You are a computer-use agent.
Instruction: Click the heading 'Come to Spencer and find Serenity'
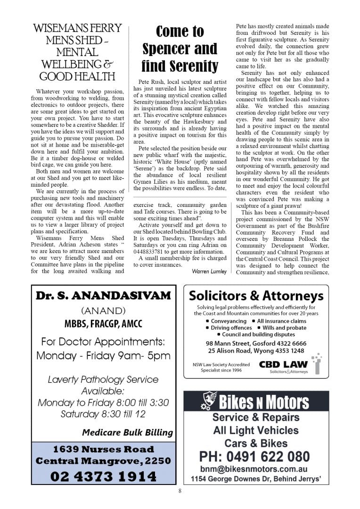[180, 49]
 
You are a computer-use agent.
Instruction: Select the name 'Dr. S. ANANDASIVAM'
[103, 296]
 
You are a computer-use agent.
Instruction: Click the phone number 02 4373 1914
[103, 476]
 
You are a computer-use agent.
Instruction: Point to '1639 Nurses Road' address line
[103, 449]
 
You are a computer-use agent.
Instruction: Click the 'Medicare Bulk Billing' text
[127, 432]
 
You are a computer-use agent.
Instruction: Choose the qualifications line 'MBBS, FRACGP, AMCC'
[103, 324]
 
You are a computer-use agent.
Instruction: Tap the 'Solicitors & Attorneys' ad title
[256, 296]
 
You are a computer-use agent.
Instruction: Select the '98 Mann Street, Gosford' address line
[256, 343]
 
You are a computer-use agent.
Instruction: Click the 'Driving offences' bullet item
[231, 328]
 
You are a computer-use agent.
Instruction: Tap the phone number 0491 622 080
[254, 456]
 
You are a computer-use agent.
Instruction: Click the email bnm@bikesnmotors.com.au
[254, 469]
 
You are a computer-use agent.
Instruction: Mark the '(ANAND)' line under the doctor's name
[103, 311]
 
